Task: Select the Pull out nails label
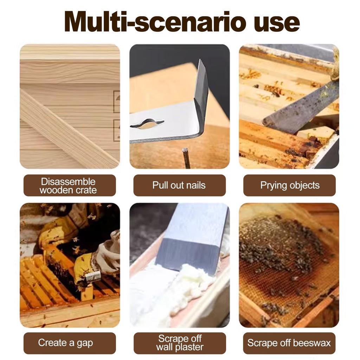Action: [x=179, y=185]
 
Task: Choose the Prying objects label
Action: [x=289, y=185]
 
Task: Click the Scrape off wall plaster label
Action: [x=180, y=343]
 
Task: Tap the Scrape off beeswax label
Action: [x=289, y=343]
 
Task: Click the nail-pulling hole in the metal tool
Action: [x=147, y=124]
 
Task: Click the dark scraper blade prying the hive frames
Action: [x=301, y=108]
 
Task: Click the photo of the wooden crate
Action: [x=70, y=106]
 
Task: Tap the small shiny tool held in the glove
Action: [x=92, y=277]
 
